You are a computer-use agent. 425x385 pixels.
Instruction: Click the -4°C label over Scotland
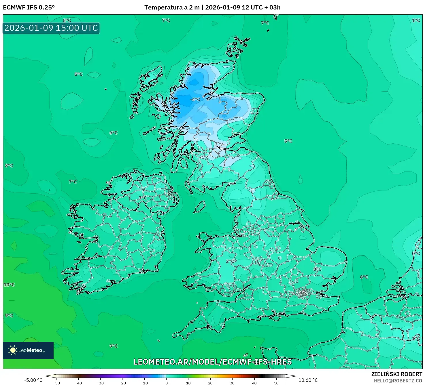[195, 100]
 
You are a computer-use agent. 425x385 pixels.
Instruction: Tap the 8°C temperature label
[9, 166]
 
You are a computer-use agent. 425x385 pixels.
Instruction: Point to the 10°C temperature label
[9, 285]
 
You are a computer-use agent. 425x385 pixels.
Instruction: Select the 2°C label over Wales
[230, 261]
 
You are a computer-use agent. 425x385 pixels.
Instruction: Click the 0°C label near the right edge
[416, 254]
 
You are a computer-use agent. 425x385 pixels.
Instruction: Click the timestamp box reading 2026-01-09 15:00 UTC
[51, 28]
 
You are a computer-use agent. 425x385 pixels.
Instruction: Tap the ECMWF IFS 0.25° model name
[29, 7]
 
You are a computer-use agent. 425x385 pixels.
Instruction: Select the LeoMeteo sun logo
[13, 350]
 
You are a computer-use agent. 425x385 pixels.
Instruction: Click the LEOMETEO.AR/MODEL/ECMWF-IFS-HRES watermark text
[213, 362]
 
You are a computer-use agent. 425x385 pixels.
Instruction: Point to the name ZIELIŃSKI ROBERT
[396, 374]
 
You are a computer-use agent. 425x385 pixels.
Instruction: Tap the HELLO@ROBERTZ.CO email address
[398, 381]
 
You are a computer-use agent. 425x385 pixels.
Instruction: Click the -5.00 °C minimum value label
[33, 380]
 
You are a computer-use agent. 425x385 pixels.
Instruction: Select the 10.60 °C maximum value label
[308, 380]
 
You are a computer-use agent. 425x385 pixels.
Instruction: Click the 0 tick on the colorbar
[167, 383]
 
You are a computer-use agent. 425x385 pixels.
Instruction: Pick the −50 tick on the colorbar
[56, 383]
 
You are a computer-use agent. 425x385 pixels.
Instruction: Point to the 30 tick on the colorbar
[232, 383]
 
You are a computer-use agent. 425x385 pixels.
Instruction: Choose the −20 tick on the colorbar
[122, 383]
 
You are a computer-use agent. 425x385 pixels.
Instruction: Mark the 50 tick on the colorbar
[276, 383]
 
